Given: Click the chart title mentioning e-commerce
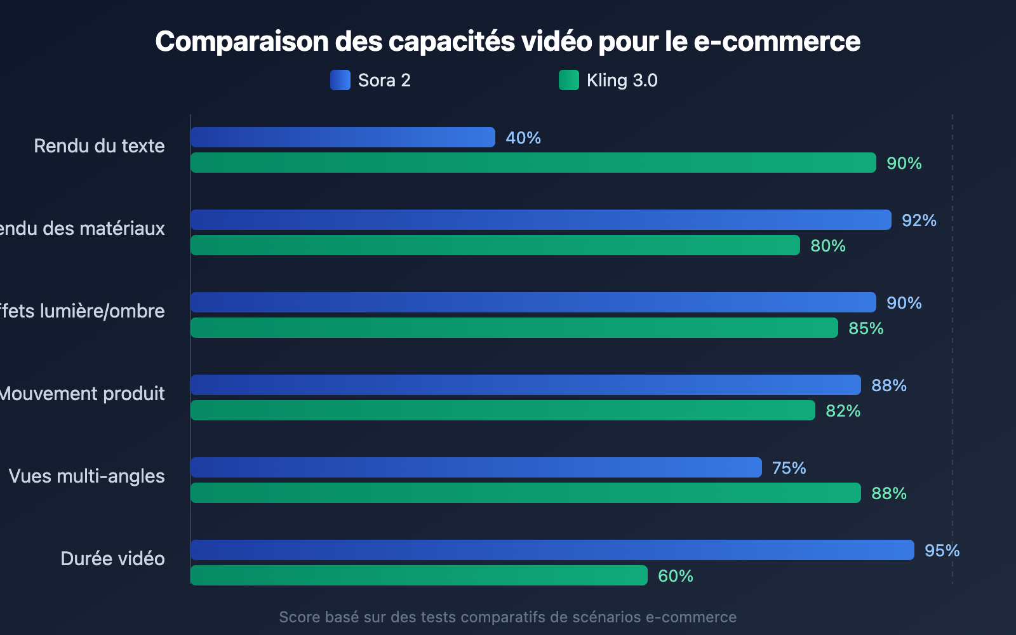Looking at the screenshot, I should click(507, 42).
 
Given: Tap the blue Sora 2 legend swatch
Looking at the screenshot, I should click(340, 80).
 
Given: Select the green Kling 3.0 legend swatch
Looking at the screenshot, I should click(569, 80).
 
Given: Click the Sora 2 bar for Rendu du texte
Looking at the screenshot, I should click(343, 137).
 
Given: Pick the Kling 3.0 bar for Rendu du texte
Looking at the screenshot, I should click(533, 163).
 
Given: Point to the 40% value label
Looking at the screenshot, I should click(523, 138).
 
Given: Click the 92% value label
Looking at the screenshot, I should click(919, 220).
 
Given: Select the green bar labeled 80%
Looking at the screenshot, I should click(495, 245).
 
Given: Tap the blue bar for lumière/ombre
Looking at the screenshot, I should click(533, 302).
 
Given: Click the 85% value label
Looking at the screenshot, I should click(866, 328).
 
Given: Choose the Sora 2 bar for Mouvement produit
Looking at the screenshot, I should click(526, 385).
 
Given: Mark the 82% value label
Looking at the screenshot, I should click(843, 411).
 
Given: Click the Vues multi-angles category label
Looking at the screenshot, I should click(87, 476).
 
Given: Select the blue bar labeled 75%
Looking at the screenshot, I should click(476, 467).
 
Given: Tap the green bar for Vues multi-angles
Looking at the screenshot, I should click(526, 493).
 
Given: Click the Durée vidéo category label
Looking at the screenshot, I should click(112, 559).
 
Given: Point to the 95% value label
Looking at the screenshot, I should click(942, 551).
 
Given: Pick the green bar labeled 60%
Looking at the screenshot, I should click(419, 575).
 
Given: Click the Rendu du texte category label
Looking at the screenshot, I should click(99, 146).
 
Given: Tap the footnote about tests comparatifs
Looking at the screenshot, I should click(507, 617).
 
